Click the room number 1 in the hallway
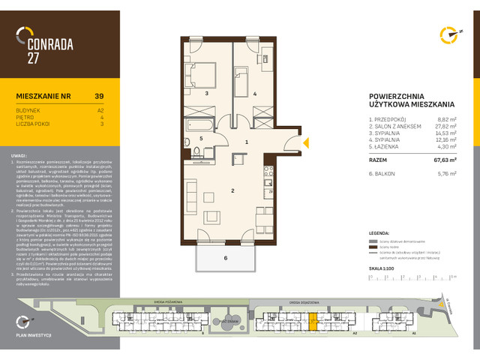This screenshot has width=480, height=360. point(246,141)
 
